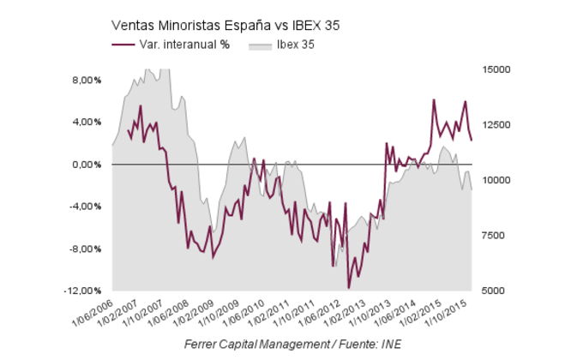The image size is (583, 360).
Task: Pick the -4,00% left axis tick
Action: [84, 207]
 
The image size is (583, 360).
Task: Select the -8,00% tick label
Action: [84, 249]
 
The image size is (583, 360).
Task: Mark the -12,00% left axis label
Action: [82, 291]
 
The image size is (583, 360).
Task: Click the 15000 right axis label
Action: [497, 69]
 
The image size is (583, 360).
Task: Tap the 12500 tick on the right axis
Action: [497, 124]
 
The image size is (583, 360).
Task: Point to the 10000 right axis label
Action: [497, 180]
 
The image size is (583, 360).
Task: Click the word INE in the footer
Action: [390, 345]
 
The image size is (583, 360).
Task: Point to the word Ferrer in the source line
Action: [203, 345]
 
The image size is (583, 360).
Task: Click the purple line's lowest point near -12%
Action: [348, 288]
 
